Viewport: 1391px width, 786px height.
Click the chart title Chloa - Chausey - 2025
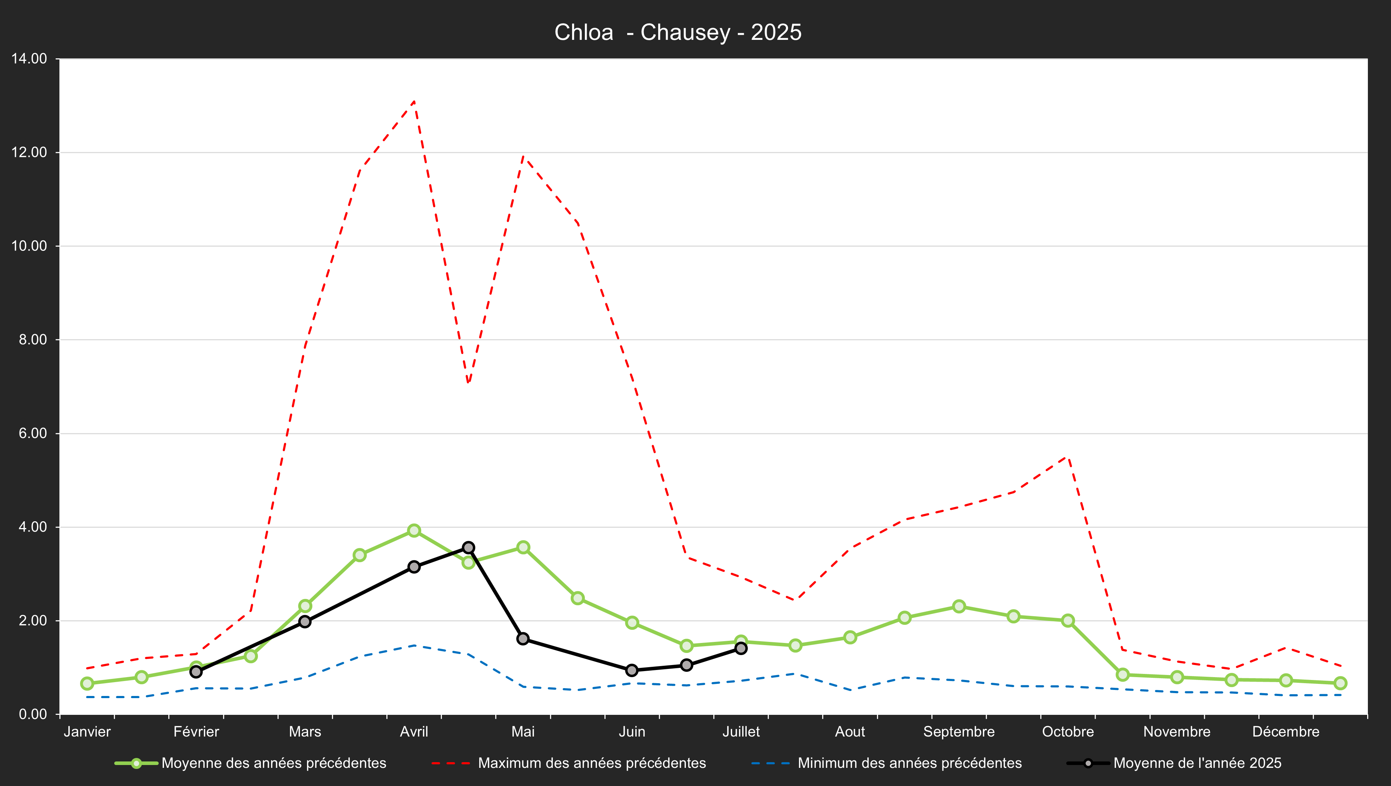[678, 32]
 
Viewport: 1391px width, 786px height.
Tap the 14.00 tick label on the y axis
[29, 59]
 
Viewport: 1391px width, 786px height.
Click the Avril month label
[414, 732]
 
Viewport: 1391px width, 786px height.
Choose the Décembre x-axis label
[1286, 732]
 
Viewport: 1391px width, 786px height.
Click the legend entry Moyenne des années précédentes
[273, 763]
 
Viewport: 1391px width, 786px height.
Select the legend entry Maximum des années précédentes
[592, 763]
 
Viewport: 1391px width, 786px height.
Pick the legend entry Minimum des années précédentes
[909, 763]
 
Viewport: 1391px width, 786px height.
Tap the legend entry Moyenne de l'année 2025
[1197, 763]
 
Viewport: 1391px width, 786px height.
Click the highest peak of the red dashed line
[414, 101]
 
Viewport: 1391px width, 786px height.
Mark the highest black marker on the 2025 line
[469, 548]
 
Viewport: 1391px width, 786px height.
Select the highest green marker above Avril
[414, 531]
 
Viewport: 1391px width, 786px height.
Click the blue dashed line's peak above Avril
[414, 645]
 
